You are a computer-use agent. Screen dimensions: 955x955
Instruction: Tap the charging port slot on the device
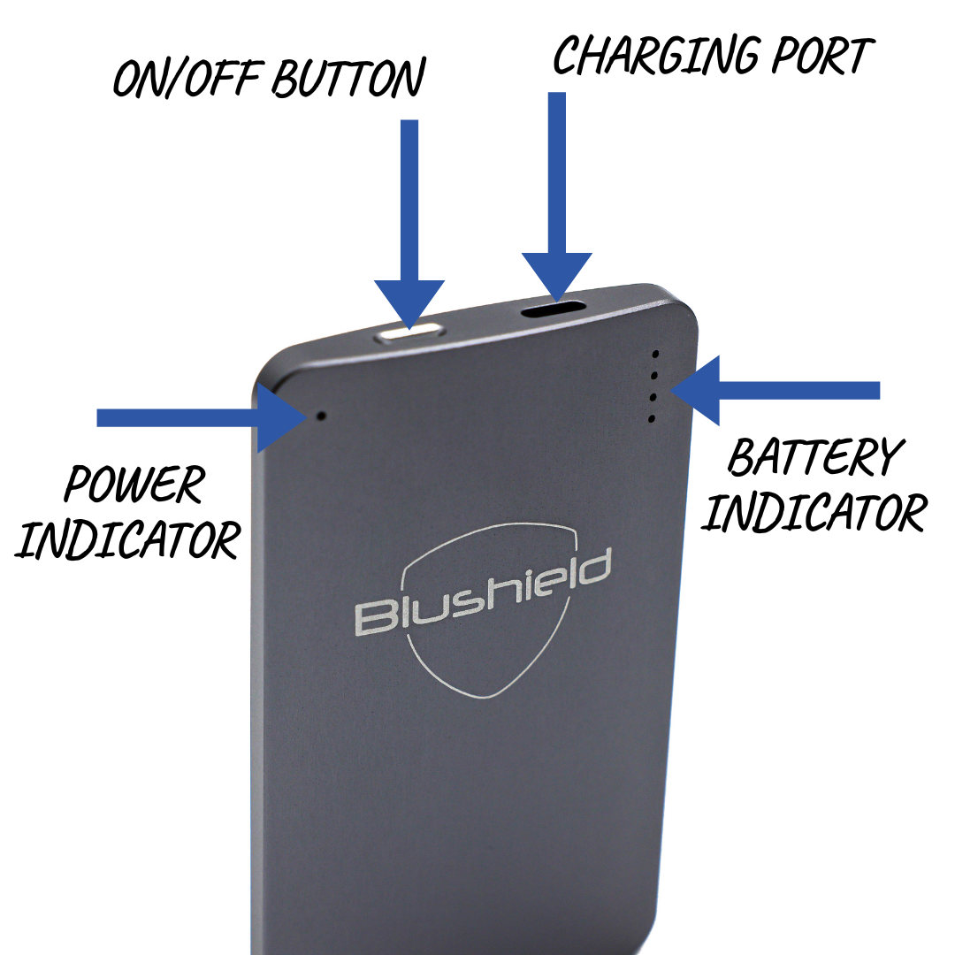tap(554, 309)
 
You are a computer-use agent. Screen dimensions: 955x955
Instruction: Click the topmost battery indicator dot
tap(655, 354)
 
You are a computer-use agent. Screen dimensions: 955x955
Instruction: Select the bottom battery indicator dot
tap(653, 418)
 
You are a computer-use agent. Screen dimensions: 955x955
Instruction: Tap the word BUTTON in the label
tap(348, 79)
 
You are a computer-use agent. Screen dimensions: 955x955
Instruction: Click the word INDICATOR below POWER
tap(127, 539)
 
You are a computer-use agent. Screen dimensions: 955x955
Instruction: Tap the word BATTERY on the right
tap(814, 457)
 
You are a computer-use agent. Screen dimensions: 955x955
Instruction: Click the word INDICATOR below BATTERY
tap(814, 511)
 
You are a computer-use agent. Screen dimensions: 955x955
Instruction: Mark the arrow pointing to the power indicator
tap(195, 417)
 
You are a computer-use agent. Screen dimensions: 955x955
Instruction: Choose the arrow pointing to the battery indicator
tap(778, 390)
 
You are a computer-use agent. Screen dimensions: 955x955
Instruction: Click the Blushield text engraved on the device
tap(483, 593)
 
